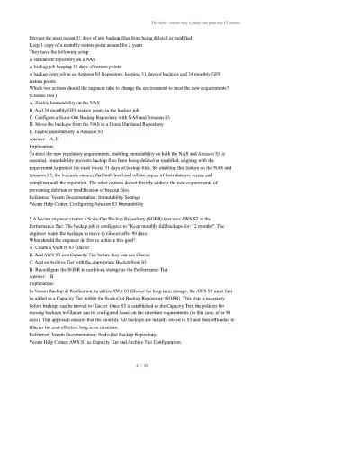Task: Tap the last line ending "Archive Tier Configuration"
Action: pos(130,367)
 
